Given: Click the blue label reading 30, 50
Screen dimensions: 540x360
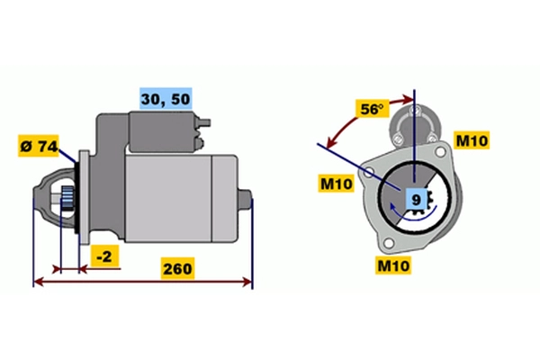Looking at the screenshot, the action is (166, 98).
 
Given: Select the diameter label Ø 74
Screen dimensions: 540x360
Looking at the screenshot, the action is (39, 146).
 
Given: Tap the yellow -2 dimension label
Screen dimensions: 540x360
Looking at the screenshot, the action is (104, 256).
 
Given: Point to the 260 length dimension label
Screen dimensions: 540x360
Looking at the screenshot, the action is (177, 268).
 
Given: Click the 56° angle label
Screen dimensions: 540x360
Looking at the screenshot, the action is (372, 109).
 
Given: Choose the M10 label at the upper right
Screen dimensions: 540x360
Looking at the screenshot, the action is (472, 140).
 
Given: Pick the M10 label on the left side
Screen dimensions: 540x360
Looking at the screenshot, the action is (336, 184).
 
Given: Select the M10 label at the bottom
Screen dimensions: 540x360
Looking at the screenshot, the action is (393, 265).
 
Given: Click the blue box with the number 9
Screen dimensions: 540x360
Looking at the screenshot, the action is (416, 200).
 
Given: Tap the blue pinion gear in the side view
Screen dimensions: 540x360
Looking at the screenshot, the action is (67, 199).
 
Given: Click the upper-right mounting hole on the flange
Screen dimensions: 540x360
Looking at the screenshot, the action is (440, 151).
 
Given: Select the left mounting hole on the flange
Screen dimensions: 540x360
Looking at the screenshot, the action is (368, 172).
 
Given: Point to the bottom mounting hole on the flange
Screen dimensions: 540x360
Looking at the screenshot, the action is (389, 242).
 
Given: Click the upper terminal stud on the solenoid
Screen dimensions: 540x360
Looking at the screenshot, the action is (204, 122).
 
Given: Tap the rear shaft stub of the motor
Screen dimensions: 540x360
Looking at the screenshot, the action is (245, 199).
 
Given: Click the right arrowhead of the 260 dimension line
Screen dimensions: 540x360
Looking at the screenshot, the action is (248, 282).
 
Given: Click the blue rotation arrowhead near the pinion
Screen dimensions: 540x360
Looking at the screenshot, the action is (392, 207).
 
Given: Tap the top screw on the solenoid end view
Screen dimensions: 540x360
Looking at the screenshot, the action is (416, 111).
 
